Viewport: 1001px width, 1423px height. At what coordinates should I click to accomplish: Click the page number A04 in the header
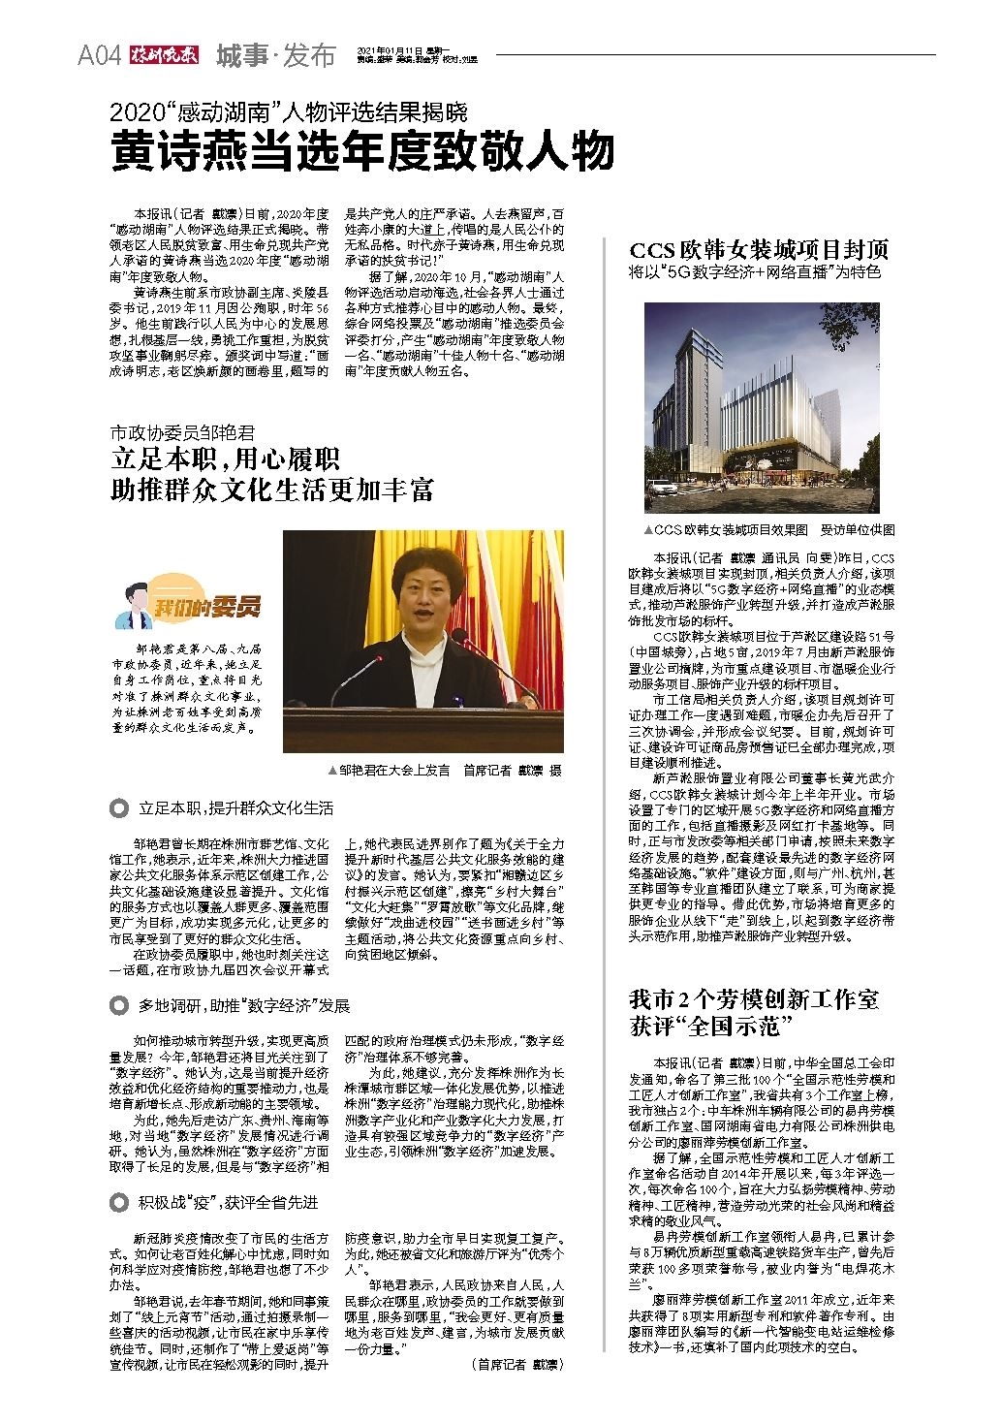pyautogui.click(x=98, y=56)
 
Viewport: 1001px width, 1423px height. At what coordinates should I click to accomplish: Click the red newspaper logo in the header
pyautogui.click(x=165, y=55)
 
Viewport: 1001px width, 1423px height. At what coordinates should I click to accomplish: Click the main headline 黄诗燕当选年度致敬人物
pyautogui.click(x=362, y=151)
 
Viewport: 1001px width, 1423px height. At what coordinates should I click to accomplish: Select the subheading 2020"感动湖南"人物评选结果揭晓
pyautogui.click(x=288, y=111)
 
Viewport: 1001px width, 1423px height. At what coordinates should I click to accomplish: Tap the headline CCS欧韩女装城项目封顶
pyautogui.click(x=758, y=249)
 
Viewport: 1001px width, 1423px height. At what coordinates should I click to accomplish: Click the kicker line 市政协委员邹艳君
pyautogui.click(x=183, y=431)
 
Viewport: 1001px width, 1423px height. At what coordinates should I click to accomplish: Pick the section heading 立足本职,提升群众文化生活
pyautogui.click(x=235, y=807)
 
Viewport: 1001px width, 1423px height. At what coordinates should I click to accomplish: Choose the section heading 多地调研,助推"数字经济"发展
pyautogui.click(x=243, y=1005)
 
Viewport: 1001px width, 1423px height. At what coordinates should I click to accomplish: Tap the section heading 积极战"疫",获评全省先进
pyautogui.click(x=228, y=1203)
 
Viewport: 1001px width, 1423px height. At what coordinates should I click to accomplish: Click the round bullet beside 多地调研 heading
pyautogui.click(x=119, y=1005)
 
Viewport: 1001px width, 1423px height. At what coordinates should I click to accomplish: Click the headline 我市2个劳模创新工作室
pyautogui.click(x=754, y=999)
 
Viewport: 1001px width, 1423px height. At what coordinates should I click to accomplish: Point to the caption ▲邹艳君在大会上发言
pyautogui.click(x=390, y=770)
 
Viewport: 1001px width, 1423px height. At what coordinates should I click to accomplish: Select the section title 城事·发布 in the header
pyautogui.click(x=275, y=55)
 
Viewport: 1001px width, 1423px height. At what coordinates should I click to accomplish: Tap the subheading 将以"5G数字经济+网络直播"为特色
pyautogui.click(x=755, y=273)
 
